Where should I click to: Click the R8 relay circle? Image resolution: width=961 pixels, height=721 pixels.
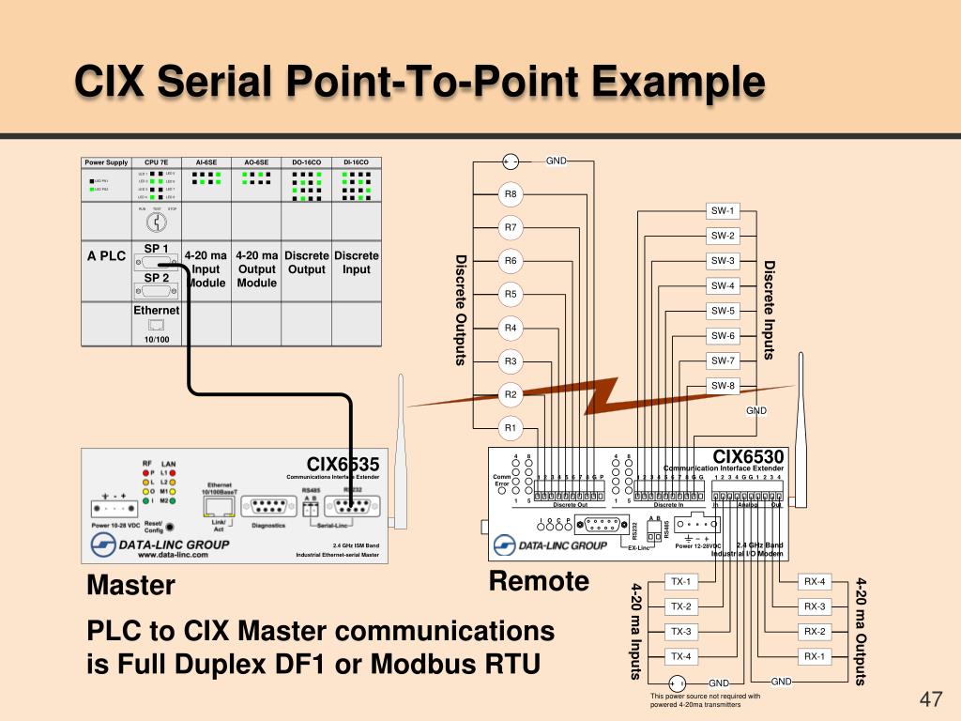[x=511, y=194]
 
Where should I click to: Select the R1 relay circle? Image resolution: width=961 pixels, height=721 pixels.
[x=511, y=428]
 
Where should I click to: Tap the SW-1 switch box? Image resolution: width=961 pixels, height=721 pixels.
[x=724, y=211]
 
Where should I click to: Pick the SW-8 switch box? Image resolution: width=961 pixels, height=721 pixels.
[x=724, y=386]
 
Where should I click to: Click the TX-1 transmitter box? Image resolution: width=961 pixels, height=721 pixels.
[x=680, y=582]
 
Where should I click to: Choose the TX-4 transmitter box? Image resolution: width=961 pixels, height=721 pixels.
[x=680, y=656]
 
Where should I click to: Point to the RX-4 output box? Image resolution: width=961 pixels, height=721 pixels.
[x=815, y=582]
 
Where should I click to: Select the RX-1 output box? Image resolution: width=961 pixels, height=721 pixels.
[x=815, y=656]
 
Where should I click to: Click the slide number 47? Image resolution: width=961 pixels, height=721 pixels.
[x=930, y=699]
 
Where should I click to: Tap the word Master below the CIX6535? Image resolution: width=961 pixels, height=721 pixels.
[x=131, y=586]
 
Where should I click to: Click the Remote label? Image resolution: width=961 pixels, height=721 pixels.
[x=539, y=581]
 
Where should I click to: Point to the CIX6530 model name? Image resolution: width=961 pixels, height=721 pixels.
[x=748, y=457]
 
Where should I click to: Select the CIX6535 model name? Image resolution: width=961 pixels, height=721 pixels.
[x=343, y=465]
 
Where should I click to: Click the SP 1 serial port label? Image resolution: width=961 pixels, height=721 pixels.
[x=156, y=249]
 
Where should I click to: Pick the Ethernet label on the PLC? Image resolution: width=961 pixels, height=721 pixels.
[x=156, y=311]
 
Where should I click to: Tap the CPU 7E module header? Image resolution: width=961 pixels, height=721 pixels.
[x=156, y=162]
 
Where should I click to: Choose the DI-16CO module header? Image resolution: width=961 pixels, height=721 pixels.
[x=357, y=162]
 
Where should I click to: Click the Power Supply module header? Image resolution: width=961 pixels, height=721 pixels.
[x=106, y=162]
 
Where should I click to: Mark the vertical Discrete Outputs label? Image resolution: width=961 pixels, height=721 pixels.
[x=461, y=310]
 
